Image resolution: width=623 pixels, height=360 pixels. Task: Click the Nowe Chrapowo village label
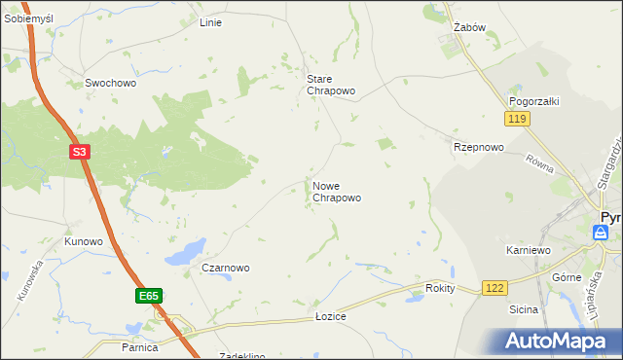click(x=337, y=191)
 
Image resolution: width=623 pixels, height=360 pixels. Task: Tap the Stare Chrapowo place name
click(x=331, y=85)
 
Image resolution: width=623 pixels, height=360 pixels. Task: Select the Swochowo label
click(x=110, y=84)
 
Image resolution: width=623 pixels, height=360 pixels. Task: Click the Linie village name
click(x=210, y=22)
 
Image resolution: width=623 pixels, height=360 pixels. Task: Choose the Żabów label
click(x=469, y=28)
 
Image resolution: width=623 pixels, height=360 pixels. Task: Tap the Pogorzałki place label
click(x=532, y=101)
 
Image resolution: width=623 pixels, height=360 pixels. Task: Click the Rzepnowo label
click(x=478, y=148)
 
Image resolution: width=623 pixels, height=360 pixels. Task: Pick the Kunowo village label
click(x=83, y=241)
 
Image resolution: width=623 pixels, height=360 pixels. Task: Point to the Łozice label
click(x=331, y=317)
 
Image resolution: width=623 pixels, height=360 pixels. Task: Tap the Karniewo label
click(x=529, y=250)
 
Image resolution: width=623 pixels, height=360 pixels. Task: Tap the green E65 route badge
click(x=148, y=295)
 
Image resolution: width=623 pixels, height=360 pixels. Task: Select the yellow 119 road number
click(x=516, y=119)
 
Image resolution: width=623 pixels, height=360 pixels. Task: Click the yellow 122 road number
click(x=495, y=288)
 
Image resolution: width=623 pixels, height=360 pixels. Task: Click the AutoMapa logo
click(x=555, y=341)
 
